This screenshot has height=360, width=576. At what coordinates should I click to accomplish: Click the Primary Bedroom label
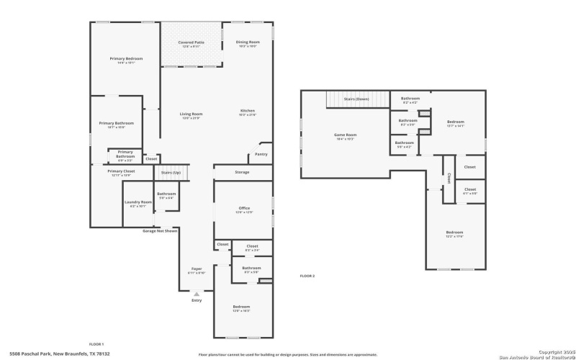tap(126, 58)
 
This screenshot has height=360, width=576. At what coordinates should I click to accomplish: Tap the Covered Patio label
tap(191, 42)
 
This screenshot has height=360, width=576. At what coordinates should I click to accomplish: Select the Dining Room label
tap(248, 42)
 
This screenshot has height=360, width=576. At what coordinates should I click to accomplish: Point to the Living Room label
tap(191, 114)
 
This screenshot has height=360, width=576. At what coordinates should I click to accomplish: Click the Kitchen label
tap(247, 111)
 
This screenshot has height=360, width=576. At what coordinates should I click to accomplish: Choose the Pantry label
tap(261, 153)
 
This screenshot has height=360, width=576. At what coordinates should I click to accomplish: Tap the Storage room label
tap(242, 172)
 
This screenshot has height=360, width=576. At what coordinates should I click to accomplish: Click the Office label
tap(244, 208)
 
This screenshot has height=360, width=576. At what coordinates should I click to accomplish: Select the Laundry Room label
tap(138, 202)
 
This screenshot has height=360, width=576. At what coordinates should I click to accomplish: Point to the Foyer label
tap(197, 269)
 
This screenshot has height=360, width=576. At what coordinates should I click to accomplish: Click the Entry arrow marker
tap(197, 294)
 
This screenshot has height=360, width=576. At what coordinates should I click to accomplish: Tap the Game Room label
tap(345, 135)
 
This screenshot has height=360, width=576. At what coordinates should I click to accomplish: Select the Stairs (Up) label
tap(170, 173)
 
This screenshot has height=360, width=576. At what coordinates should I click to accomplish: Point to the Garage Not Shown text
tap(160, 231)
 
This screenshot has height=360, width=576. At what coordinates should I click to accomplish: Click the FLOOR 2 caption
tap(307, 276)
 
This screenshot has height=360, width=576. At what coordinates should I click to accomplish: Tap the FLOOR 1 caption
tap(96, 344)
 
